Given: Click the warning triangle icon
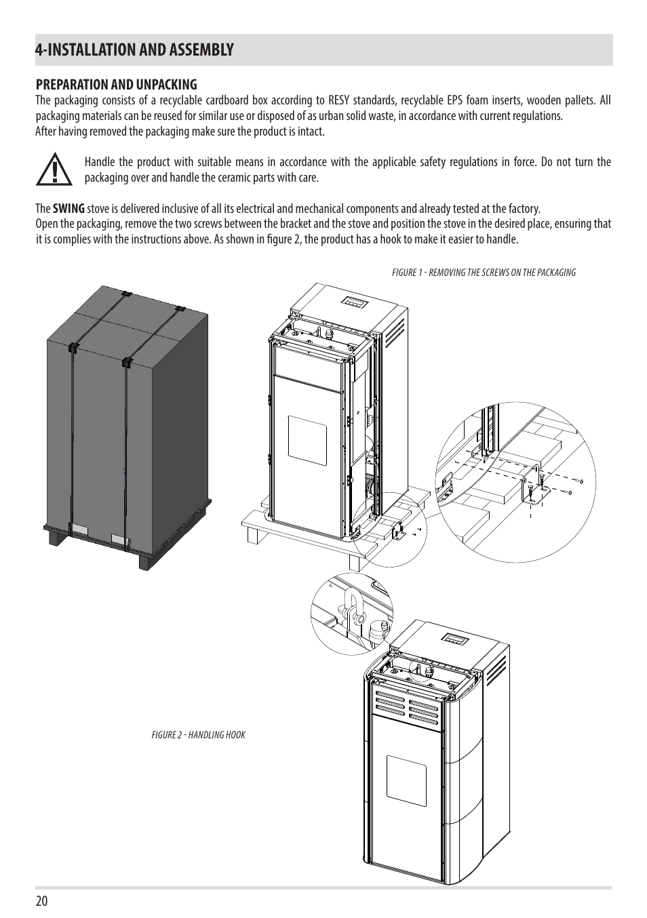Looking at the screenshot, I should coord(54,169).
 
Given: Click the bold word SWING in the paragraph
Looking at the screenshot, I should coord(68,209).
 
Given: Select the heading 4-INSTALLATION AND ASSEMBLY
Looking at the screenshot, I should coord(135,49).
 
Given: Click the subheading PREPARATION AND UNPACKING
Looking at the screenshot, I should coord(116,85).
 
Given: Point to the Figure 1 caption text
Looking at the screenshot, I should coord(484,273).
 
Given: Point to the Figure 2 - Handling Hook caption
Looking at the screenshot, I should coord(198,735).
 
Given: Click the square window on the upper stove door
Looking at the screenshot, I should coord(307,437).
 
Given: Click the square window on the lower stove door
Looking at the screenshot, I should coord(406,776).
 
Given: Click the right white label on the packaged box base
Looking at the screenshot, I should coord(121,539).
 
